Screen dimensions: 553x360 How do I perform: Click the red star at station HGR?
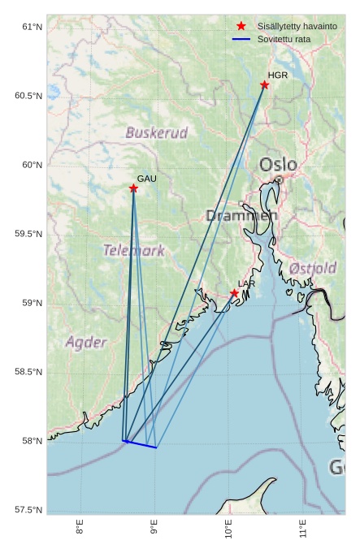[x=265, y=85]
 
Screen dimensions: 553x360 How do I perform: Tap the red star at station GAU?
[x=133, y=188]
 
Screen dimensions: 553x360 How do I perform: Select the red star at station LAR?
[x=234, y=293]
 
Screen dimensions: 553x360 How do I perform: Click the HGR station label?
[x=278, y=76]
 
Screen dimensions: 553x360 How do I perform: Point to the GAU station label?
[x=146, y=179]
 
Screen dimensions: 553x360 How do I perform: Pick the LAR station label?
[x=245, y=283]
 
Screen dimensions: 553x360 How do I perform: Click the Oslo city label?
[x=278, y=165]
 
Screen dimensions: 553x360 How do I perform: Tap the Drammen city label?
[x=241, y=215]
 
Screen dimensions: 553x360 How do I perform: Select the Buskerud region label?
[x=157, y=132]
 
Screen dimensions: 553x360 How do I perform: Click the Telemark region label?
[x=134, y=250]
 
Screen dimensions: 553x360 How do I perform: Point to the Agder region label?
[x=86, y=342]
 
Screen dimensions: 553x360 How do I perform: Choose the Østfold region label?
[x=313, y=268]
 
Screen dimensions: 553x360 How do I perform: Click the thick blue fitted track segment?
[x=140, y=444]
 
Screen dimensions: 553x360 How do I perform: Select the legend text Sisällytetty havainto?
[x=297, y=27]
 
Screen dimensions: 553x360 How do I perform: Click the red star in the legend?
[x=241, y=27]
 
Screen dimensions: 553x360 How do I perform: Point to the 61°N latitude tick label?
[x=31, y=28]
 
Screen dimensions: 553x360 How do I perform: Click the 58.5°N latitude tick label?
[x=28, y=372]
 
